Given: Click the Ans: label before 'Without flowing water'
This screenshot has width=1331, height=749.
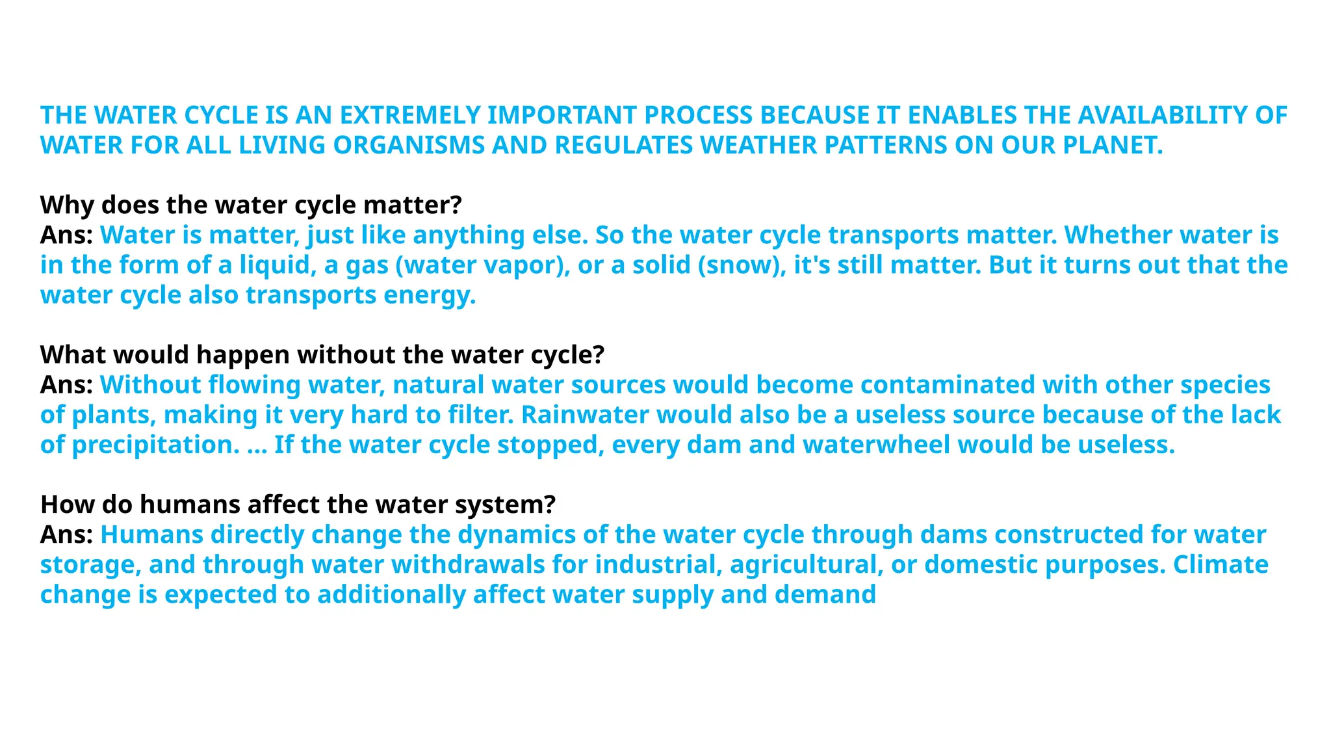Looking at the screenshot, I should point(66,385).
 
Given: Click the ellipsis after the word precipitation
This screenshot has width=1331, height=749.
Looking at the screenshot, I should point(257,446).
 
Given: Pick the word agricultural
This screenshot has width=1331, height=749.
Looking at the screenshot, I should point(806,564).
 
